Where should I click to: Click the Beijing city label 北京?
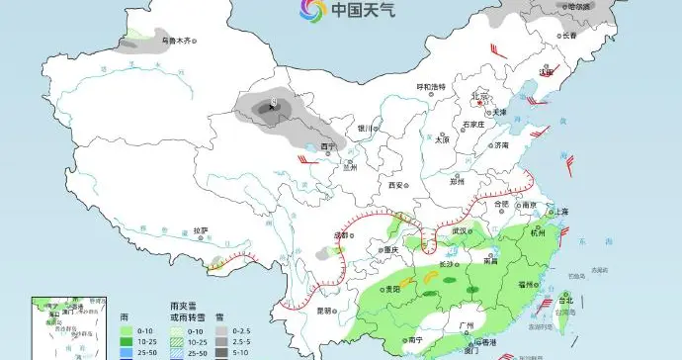481,96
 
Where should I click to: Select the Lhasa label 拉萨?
202,229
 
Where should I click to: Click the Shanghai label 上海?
561,211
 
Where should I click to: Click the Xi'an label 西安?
396,185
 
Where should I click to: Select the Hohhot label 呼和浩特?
430,87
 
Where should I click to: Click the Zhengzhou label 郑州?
457,182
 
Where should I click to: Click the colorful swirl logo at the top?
312,11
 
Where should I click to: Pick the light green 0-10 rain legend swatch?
126,330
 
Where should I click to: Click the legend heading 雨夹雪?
181,308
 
